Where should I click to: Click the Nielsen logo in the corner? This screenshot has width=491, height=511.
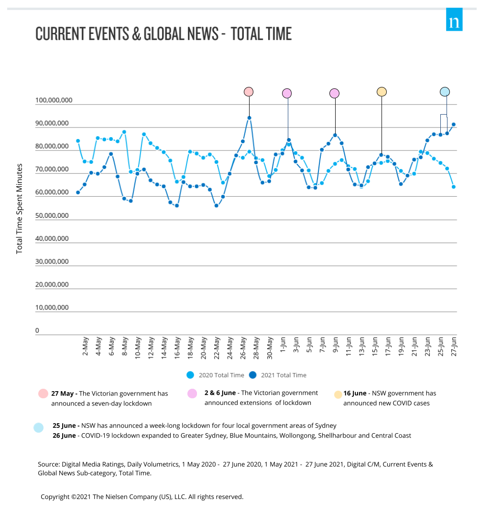[454, 20]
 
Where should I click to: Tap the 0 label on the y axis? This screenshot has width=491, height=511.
[37, 330]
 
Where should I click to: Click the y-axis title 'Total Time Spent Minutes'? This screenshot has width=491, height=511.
[20, 209]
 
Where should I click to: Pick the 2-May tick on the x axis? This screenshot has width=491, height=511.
[85, 346]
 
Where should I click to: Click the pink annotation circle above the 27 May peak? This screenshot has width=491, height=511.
[249, 92]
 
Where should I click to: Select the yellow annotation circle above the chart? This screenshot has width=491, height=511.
[382, 92]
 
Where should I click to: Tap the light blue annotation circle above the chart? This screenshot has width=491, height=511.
[445, 92]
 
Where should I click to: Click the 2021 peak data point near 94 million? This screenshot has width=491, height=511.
[249, 117]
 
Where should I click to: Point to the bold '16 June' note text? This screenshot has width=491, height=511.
[354, 394]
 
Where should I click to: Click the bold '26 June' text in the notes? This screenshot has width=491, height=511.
[65, 436]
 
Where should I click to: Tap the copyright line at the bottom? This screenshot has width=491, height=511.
[142, 497]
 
